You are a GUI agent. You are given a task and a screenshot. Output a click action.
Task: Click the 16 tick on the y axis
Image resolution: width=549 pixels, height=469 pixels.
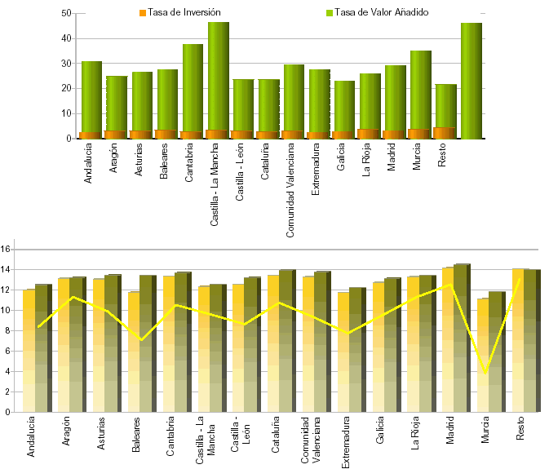click(x=6, y=249)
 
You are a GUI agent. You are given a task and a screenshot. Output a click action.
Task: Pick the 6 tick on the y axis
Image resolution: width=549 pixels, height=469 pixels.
click(x=7, y=351)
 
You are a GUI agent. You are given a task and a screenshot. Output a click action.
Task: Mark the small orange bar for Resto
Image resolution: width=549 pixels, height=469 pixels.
click(x=444, y=133)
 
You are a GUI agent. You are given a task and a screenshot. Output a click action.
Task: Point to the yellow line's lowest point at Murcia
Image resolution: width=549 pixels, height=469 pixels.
click(x=486, y=374)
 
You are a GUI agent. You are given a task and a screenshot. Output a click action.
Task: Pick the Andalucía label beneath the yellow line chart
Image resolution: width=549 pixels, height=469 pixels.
click(x=31, y=436)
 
